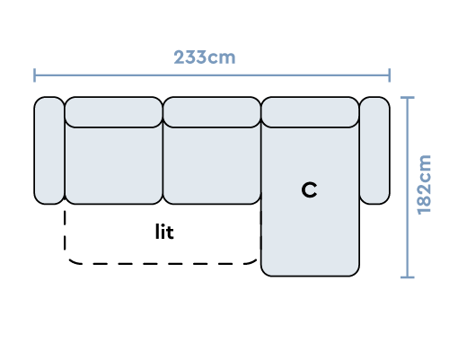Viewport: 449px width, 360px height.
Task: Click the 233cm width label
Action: (205, 57)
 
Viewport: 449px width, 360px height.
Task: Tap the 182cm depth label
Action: (424, 185)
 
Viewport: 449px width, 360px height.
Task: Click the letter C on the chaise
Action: (309, 189)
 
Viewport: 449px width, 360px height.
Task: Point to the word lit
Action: (164, 232)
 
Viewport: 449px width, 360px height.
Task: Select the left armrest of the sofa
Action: (49, 151)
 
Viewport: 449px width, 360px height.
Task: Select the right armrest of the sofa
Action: (374, 151)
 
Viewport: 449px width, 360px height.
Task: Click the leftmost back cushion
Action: (114, 112)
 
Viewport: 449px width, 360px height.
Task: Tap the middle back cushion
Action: (212, 112)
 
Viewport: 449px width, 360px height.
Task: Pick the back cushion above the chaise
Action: (310, 112)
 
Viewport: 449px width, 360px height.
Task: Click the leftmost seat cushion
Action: (114, 165)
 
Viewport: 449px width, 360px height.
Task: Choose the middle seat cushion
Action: (212, 165)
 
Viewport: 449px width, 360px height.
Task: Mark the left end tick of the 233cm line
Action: (35, 75)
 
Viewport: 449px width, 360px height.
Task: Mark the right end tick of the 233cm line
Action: (390, 75)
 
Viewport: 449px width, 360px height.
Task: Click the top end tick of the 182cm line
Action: (408, 97)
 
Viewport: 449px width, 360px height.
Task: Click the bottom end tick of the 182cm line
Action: (408, 277)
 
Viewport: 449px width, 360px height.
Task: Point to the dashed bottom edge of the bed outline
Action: (162, 264)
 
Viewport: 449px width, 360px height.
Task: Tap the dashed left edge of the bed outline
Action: (65, 231)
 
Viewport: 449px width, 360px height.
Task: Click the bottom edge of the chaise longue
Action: (310, 276)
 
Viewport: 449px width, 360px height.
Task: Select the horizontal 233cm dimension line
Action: (212, 75)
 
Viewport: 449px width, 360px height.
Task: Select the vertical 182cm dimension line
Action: (408, 188)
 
